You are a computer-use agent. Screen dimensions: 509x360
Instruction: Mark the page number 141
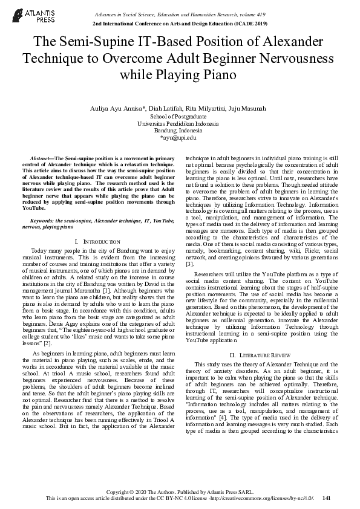tap(327, 498)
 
